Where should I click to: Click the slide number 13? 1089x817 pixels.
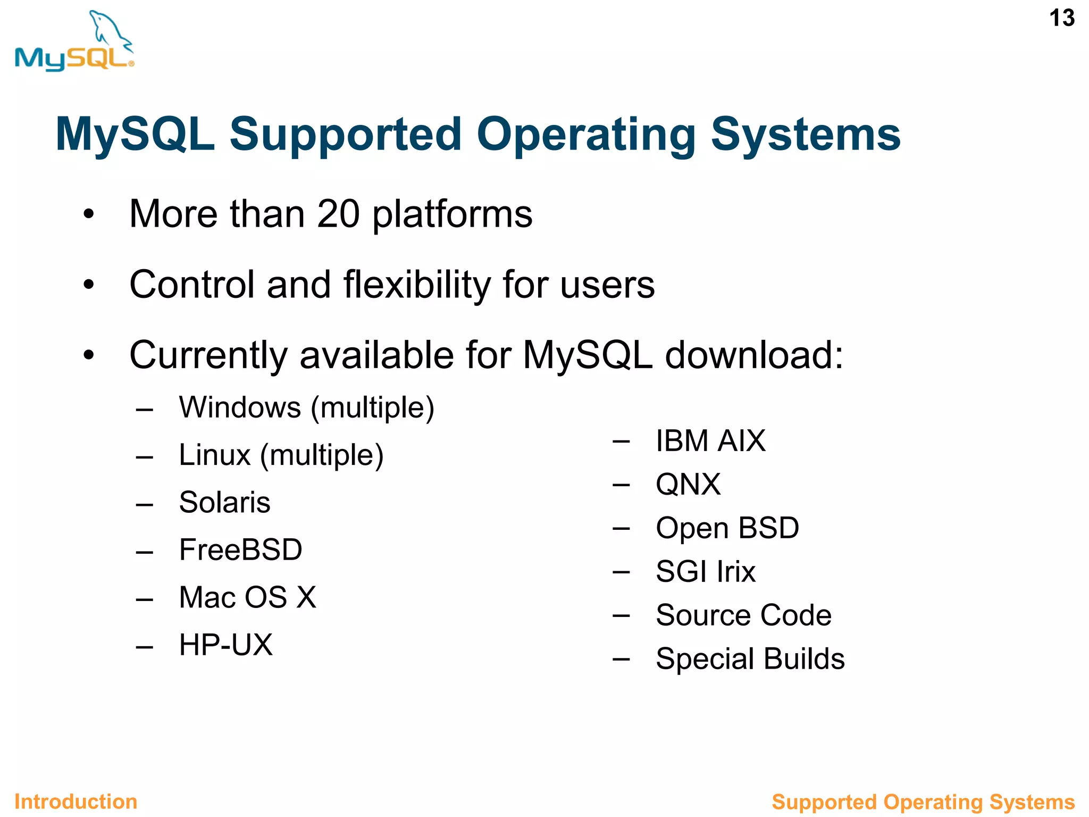point(1061,19)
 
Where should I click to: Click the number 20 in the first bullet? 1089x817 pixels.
point(338,214)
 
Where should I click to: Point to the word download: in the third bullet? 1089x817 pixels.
point(754,355)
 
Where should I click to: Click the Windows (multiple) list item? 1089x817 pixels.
point(306,408)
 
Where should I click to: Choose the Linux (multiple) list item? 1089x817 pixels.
point(281,455)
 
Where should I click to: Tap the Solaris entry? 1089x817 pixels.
point(224,503)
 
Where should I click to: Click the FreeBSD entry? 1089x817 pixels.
point(240,550)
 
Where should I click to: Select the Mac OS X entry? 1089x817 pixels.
point(247,597)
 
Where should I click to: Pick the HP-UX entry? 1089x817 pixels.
point(225,645)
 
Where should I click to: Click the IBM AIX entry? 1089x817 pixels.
point(710,441)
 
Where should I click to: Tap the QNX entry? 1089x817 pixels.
point(688,485)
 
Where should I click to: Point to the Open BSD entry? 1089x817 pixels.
point(727,528)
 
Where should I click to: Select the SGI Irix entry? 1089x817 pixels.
point(705,572)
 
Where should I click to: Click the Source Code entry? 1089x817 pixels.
point(743,615)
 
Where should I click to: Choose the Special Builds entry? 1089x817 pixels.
point(750,659)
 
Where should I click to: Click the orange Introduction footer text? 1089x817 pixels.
point(76,802)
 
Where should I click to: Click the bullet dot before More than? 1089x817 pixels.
point(88,214)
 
